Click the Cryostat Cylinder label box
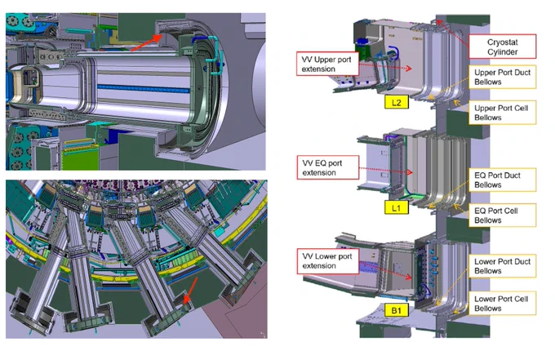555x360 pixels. click(502, 47)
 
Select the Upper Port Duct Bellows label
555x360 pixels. click(502, 77)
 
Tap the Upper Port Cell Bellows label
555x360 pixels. click(502, 113)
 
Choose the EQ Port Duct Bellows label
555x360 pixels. click(502, 180)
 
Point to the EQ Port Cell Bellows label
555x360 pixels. click(502, 216)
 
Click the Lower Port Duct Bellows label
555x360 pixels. click(502, 266)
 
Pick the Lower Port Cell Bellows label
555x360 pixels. click(502, 304)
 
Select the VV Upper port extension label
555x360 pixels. click(327, 64)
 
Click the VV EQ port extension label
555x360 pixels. click(328, 167)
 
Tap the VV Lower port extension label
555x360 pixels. click(328, 261)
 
